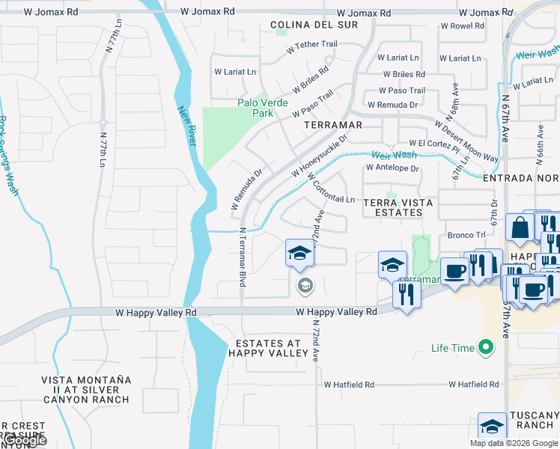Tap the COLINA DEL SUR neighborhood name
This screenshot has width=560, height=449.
pyautogui.click(x=314, y=25)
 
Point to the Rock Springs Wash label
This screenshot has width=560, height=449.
pyautogui.click(x=8, y=156)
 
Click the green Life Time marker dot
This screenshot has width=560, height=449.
pyautogui.click(x=486, y=347)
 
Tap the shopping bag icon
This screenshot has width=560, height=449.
pyautogui.click(x=519, y=227)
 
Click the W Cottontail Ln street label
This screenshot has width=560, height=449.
pyautogui.click(x=330, y=188)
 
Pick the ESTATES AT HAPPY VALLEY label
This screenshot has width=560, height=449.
pyautogui.click(x=267, y=348)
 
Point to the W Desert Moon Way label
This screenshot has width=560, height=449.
pyautogui.click(x=475, y=150)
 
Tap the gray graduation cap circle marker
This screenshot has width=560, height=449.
pyautogui.click(x=304, y=284)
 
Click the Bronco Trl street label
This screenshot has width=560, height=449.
pyautogui.click(x=467, y=235)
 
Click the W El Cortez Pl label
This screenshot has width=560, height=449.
pyautogui.click(x=432, y=142)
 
